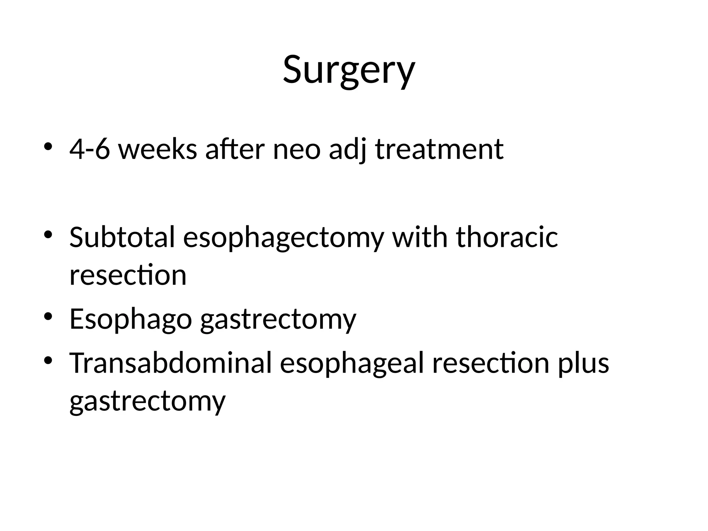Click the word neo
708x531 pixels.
(x=297, y=149)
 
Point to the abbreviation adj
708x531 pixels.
(x=347, y=149)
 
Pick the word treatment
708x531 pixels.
(x=439, y=149)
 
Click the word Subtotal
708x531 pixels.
(x=122, y=237)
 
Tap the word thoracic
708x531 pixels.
(x=507, y=237)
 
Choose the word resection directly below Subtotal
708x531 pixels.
(x=128, y=275)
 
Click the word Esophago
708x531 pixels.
(x=131, y=319)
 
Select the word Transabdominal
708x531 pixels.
(x=171, y=363)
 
